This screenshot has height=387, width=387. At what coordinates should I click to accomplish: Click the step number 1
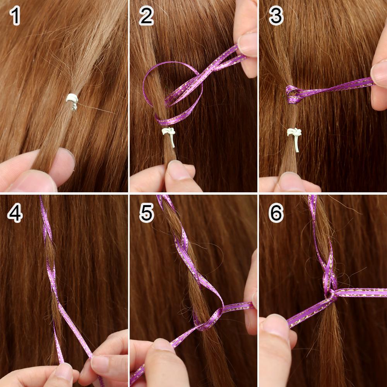pyautogui.click(x=15, y=16)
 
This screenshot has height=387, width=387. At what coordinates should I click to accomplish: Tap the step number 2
pyautogui.click(x=146, y=16)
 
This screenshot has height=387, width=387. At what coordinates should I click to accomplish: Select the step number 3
pyautogui.click(x=276, y=16)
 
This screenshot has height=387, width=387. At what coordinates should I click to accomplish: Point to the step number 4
pyautogui.click(x=15, y=213)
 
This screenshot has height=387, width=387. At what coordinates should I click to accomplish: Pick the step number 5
pyautogui.click(x=147, y=213)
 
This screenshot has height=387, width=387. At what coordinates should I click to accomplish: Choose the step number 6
pyautogui.click(x=276, y=213)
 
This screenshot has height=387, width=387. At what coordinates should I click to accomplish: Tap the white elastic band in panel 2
pyautogui.click(x=169, y=135)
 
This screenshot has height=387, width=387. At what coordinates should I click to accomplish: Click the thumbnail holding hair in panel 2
pyautogui.click(x=178, y=170)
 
